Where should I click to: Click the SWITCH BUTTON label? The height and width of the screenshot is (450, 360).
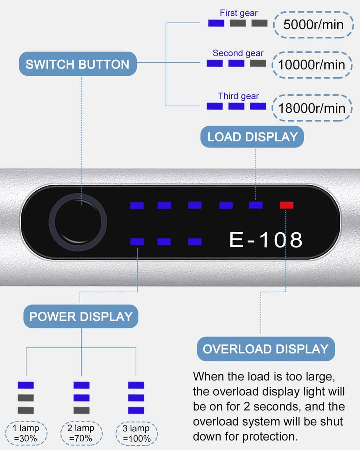click(77, 64)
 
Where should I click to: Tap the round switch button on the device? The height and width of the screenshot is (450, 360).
click(78, 223)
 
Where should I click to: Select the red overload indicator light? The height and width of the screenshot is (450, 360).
click(287, 205)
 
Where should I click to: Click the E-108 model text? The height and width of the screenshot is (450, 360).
click(266, 240)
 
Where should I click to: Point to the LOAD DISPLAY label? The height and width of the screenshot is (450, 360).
click(252, 137)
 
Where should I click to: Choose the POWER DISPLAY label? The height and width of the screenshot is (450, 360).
click(81, 316)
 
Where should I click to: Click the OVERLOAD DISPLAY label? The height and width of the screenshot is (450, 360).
click(266, 349)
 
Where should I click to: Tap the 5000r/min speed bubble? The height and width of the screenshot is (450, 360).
click(313, 24)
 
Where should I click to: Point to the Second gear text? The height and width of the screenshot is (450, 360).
click(238, 53)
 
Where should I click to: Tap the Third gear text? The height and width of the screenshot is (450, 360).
click(238, 96)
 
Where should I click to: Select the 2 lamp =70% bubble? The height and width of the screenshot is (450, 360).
click(81, 433)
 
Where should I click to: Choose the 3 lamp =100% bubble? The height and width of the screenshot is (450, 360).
click(136, 433)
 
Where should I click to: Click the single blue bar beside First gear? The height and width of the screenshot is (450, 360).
click(216, 23)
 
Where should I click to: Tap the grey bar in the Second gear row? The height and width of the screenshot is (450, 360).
click(258, 63)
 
